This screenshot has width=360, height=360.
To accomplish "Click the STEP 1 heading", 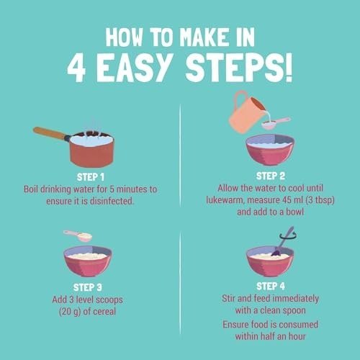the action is tap(91, 177).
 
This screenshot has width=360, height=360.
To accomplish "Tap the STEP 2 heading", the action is tap(271, 176).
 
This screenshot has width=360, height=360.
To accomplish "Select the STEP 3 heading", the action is tap(88, 287).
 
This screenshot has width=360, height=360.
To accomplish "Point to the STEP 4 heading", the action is tap(271, 286).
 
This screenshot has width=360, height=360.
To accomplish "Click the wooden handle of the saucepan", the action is tap(49, 133).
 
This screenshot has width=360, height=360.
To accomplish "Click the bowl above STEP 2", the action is tap(270, 150).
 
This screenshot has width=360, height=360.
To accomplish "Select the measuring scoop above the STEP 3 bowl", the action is tap(78, 235).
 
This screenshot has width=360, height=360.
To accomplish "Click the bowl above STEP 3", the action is tap(88, 261).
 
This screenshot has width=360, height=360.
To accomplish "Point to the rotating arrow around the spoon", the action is tap(288, 237).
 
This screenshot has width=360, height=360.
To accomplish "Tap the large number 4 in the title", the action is tap(76, 68).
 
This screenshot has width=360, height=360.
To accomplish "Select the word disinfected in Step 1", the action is tap(112, 201).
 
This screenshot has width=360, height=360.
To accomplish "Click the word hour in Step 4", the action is tap(297, 336).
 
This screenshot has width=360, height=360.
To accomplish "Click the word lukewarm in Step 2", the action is tap(225, 200).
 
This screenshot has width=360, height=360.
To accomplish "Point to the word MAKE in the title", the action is tap(203, 37).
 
